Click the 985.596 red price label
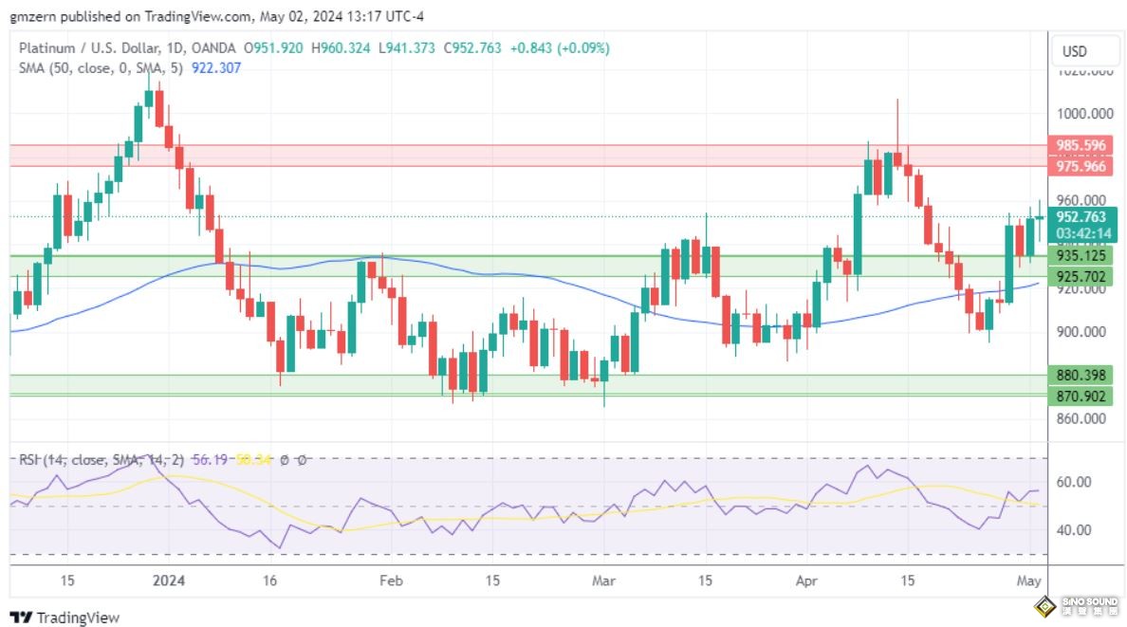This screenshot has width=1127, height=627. point(1081,145)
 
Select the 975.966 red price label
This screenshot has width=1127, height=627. point(1081,166)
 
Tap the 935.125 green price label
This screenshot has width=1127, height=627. point(1081,256)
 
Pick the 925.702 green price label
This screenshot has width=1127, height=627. point(1081,277)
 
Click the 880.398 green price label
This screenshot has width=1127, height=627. point(1081,375)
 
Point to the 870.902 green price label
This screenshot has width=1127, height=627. point(1081,396)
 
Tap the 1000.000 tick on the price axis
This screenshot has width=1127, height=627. point(1085,114)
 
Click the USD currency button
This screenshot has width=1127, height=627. point(1074,51)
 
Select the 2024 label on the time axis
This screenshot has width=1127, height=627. point(171,580)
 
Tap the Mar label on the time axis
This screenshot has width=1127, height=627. point(603,580)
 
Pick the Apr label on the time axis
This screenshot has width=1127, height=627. point(806,580)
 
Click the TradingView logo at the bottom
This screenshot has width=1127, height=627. point(65,618)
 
